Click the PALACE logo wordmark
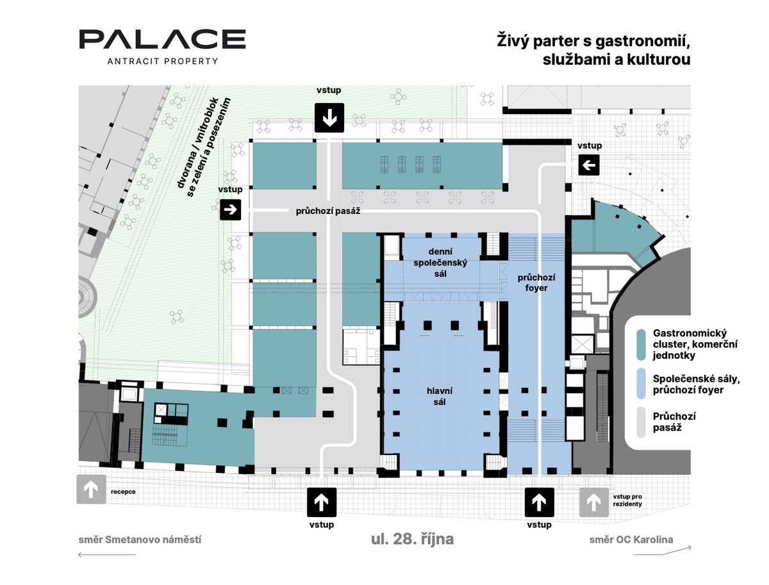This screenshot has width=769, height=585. (x=162, y=39)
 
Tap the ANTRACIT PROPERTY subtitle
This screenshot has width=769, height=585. (x=163, y=62)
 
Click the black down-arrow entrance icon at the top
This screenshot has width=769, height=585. (x=329, y=118)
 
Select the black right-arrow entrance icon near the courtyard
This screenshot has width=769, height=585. (x=230, y=210)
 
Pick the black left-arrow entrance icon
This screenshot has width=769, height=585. (x=588, y=165)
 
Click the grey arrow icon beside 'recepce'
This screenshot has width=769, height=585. (x=91, y=489)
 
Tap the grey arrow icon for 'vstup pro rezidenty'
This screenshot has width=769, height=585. (x=594, y=502)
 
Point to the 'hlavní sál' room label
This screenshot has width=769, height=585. (x=440, y=396)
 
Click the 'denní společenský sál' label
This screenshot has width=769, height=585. (x=440, y=262)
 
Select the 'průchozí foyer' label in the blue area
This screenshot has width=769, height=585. (x=536, y=283)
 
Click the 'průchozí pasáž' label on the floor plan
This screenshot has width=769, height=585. (x=328, y=211)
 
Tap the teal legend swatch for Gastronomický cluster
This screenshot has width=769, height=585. (x=641, y=345)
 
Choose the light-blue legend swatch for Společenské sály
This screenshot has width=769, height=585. (x=641, y=384)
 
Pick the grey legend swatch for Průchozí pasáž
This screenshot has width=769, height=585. (x=641, y=422)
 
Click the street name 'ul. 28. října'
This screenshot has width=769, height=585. (x=412, y=539)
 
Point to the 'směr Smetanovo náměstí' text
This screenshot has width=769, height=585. (x=140, y=540)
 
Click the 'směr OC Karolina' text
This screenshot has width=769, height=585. (x=631, y=540)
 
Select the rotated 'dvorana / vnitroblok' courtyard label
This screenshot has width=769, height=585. (x=198, y=143)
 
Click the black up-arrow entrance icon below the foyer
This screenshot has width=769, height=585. (x=539, y=502)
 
